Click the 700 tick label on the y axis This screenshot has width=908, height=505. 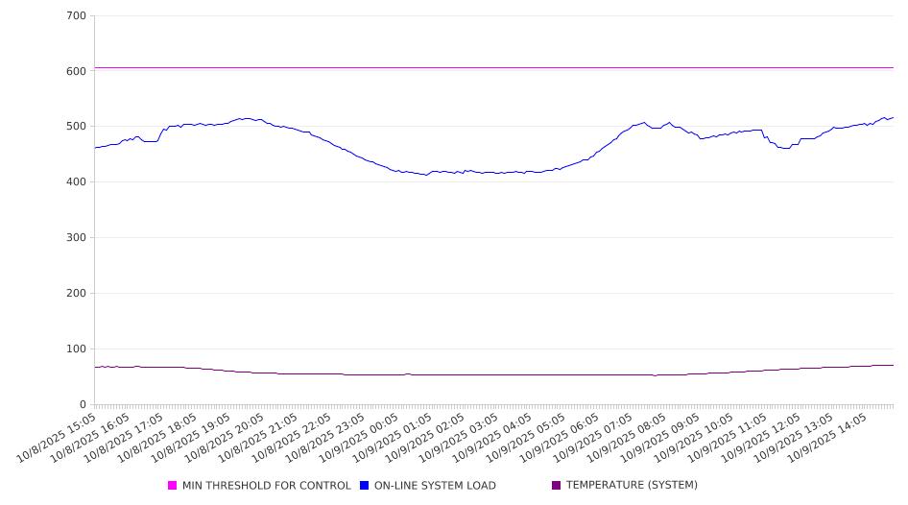click(77, 16)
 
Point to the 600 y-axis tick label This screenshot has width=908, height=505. click(77, 71)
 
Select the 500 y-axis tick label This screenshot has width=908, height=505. click(77, 127)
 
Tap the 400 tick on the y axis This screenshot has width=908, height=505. click(77, 182)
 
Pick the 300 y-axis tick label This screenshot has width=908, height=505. click(77, 238)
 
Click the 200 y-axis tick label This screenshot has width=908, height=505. click(77, 294)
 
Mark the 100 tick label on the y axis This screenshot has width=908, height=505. click(77, 349)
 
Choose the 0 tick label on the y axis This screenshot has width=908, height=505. click(84, 405)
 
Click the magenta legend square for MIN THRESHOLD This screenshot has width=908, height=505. click(173, 486)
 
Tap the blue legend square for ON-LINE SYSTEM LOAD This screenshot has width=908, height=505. click(365, 486)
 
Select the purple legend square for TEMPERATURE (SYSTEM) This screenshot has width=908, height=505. click(557, 486)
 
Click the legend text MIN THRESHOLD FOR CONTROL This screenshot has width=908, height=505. click(266, 486)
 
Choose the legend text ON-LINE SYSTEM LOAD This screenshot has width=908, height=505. click(435, 486)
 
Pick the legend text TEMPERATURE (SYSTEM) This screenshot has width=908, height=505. click(632, 486)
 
